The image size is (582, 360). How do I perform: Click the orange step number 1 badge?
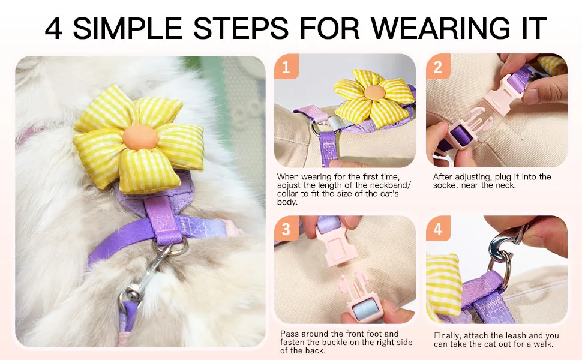(286, 66)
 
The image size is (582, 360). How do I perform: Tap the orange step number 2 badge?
(438, 66)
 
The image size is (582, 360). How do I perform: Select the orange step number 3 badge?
(286, 229)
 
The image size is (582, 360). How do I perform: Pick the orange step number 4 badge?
(438, 229)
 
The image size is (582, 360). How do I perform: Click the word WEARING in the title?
(440, 28)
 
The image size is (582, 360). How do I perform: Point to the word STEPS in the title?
(241, 28)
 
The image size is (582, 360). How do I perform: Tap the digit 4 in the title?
(53, 28)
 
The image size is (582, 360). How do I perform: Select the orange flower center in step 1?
(374, 93)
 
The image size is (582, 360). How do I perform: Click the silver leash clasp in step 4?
(499, 248)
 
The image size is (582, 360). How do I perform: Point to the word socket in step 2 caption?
(445, 185)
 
